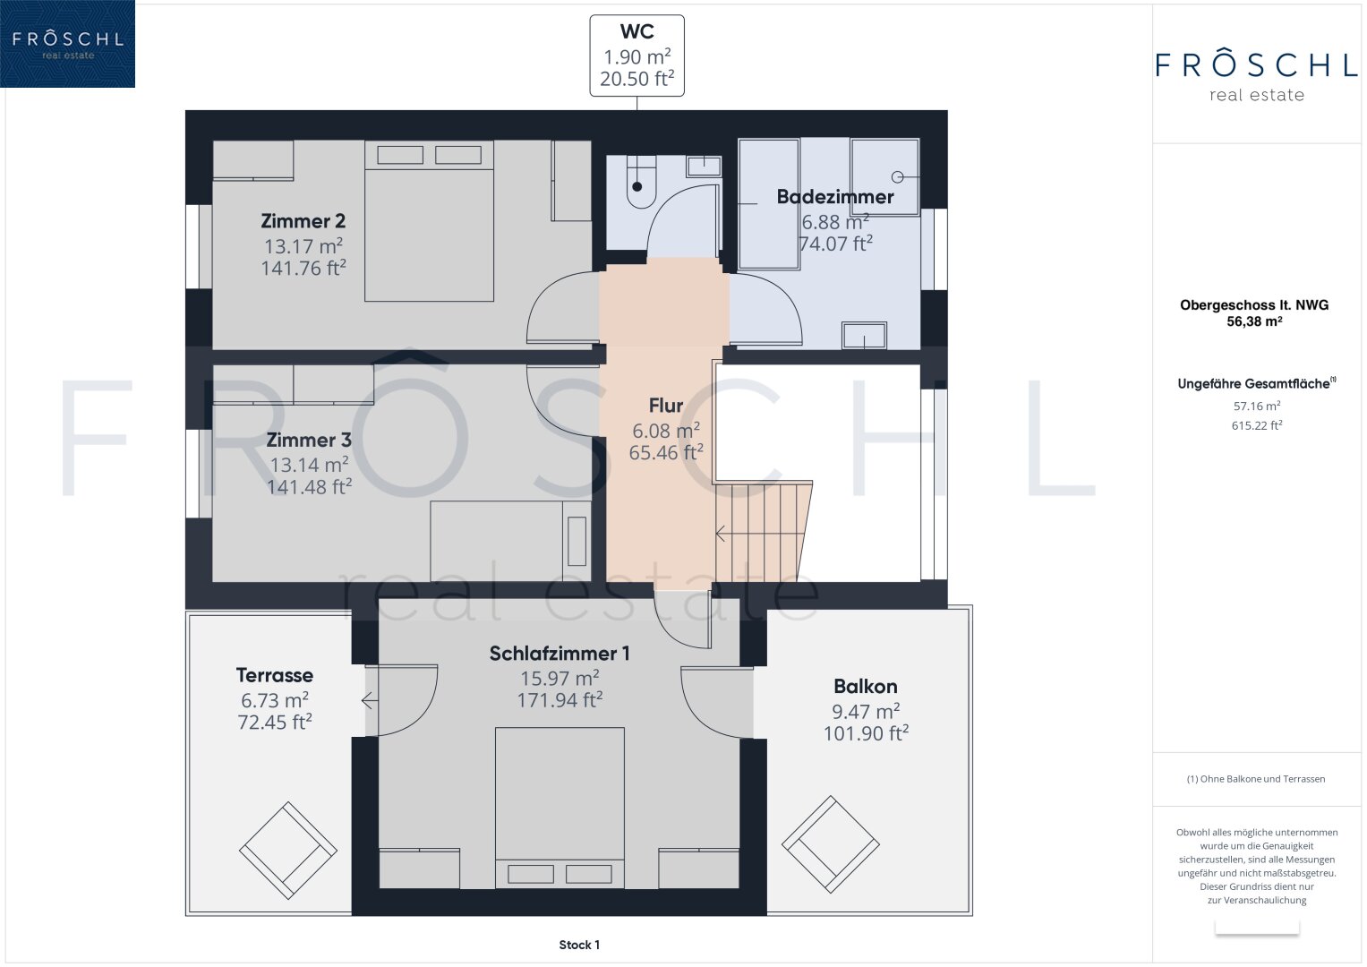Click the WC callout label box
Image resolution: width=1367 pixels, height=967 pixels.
[x=637, y=56]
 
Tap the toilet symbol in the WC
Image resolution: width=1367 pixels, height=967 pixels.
[x=641, y=182]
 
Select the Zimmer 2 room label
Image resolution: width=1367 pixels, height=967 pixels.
[x=303, y=220]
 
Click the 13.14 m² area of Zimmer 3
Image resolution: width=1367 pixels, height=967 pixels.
[x=310, y=465]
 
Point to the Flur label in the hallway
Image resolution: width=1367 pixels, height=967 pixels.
[x=666, y=406]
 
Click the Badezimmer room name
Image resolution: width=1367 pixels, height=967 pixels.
[x=835, y=197]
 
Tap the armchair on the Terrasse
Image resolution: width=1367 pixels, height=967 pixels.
[x=288, y=850]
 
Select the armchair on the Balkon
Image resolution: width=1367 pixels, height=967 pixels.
[x=831, y=844]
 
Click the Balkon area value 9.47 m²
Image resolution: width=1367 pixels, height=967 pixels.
[x=866, y=711]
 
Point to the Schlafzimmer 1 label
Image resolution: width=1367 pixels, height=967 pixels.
[x=559, y=654]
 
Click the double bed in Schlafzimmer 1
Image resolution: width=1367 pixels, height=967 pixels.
[x=560, y=808]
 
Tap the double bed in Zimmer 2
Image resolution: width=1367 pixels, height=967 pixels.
[x=429, y=221]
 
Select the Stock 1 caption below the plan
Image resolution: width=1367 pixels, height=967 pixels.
[x=579, y=945]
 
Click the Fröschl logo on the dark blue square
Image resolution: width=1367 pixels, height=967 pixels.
[x=68, y=44]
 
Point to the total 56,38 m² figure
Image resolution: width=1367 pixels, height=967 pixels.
[x=1254, y=321]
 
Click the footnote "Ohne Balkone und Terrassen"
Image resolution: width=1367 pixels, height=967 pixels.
[x=1256, y=778]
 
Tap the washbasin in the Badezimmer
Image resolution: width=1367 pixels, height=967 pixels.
[x=864, y=335]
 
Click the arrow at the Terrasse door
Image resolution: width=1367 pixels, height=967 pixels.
[x=369, y=700]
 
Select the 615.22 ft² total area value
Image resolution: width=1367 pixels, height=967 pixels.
[x=1257, y=425]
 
